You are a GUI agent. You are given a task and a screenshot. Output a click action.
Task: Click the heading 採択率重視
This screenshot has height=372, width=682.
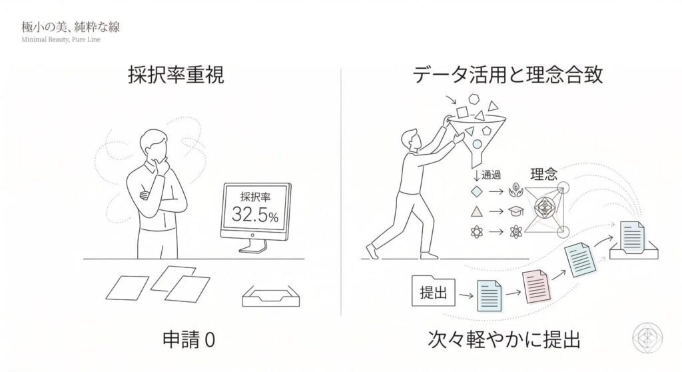click(x=176, y=75)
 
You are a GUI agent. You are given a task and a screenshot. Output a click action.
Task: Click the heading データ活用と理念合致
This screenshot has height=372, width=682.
click(x=507, y=75)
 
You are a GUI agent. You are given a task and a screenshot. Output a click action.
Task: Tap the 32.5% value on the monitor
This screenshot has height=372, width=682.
click(x=255, y=214)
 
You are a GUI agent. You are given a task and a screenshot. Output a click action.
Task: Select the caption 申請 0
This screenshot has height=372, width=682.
click(x=188, y=340)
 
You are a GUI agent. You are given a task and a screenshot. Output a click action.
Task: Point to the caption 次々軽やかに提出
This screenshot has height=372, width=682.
click(x=504, y=340)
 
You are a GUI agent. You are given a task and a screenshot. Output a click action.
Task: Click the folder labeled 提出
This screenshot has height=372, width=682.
click(x=434, y=291)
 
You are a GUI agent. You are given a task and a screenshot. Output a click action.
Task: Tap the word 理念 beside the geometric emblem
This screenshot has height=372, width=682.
click(x=543, y=175)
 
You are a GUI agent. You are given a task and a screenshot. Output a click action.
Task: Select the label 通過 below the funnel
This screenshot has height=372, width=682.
click(x=491, y=175)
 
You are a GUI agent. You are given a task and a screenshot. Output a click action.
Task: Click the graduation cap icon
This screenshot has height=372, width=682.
click(x=515, y=211)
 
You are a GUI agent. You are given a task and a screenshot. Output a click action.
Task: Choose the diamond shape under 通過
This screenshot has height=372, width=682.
click(x=477, y=191)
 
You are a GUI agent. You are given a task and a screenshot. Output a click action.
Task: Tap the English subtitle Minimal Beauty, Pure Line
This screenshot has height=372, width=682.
click(x=61, y=39)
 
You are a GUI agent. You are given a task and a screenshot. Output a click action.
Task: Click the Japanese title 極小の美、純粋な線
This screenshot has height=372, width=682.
click(x=71, y=27)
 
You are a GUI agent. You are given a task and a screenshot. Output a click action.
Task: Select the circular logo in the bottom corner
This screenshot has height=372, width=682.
click(x=647, y=338)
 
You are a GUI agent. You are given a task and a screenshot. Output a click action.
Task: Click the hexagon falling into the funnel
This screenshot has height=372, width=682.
click(x=473, y=99)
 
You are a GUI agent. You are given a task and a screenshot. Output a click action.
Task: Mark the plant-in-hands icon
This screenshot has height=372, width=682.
click(x=515, y=191)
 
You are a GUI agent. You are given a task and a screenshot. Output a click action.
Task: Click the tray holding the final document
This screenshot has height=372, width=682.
click(x=634, y=253)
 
